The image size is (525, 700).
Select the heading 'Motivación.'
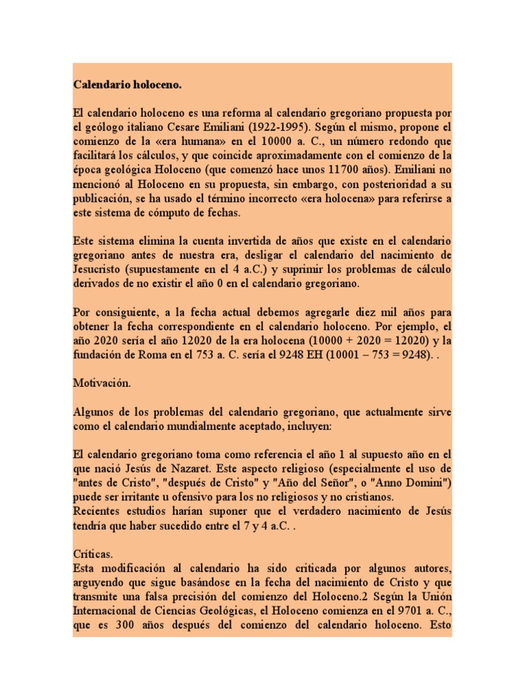click(101, 383)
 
